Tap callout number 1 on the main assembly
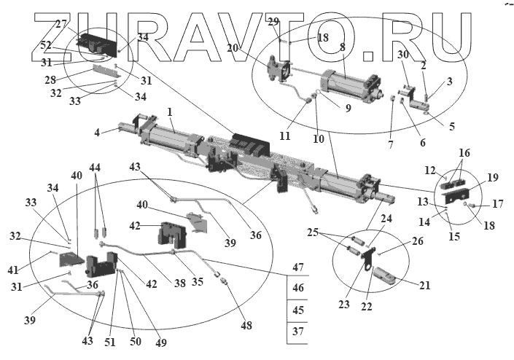click(169, 113)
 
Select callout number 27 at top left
click(61, 24)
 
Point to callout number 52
click(47, 44)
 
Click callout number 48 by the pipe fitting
click(246, 326)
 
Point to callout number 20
click(232, 47)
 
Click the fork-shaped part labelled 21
click(385, 280)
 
